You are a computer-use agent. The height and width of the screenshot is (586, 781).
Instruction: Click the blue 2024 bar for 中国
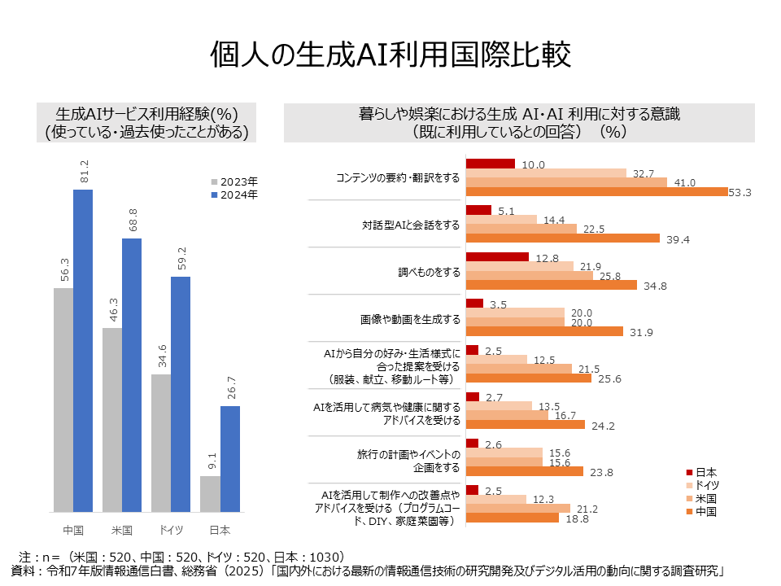pos(83,350)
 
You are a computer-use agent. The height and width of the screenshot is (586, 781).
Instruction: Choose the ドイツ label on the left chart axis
pos(171,530)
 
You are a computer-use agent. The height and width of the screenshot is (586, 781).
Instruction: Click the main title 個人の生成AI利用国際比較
pos(390,55)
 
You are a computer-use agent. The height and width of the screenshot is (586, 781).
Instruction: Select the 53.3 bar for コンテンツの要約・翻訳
pos(596,192)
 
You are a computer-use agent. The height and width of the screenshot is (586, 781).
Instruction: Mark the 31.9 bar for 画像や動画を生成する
pos(544,331)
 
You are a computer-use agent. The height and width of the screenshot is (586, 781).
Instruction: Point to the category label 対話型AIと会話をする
pos(411,224)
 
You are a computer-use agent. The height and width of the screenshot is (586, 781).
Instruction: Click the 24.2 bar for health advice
pos(526,425)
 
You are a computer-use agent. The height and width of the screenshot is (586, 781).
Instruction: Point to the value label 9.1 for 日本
pos(210,461)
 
